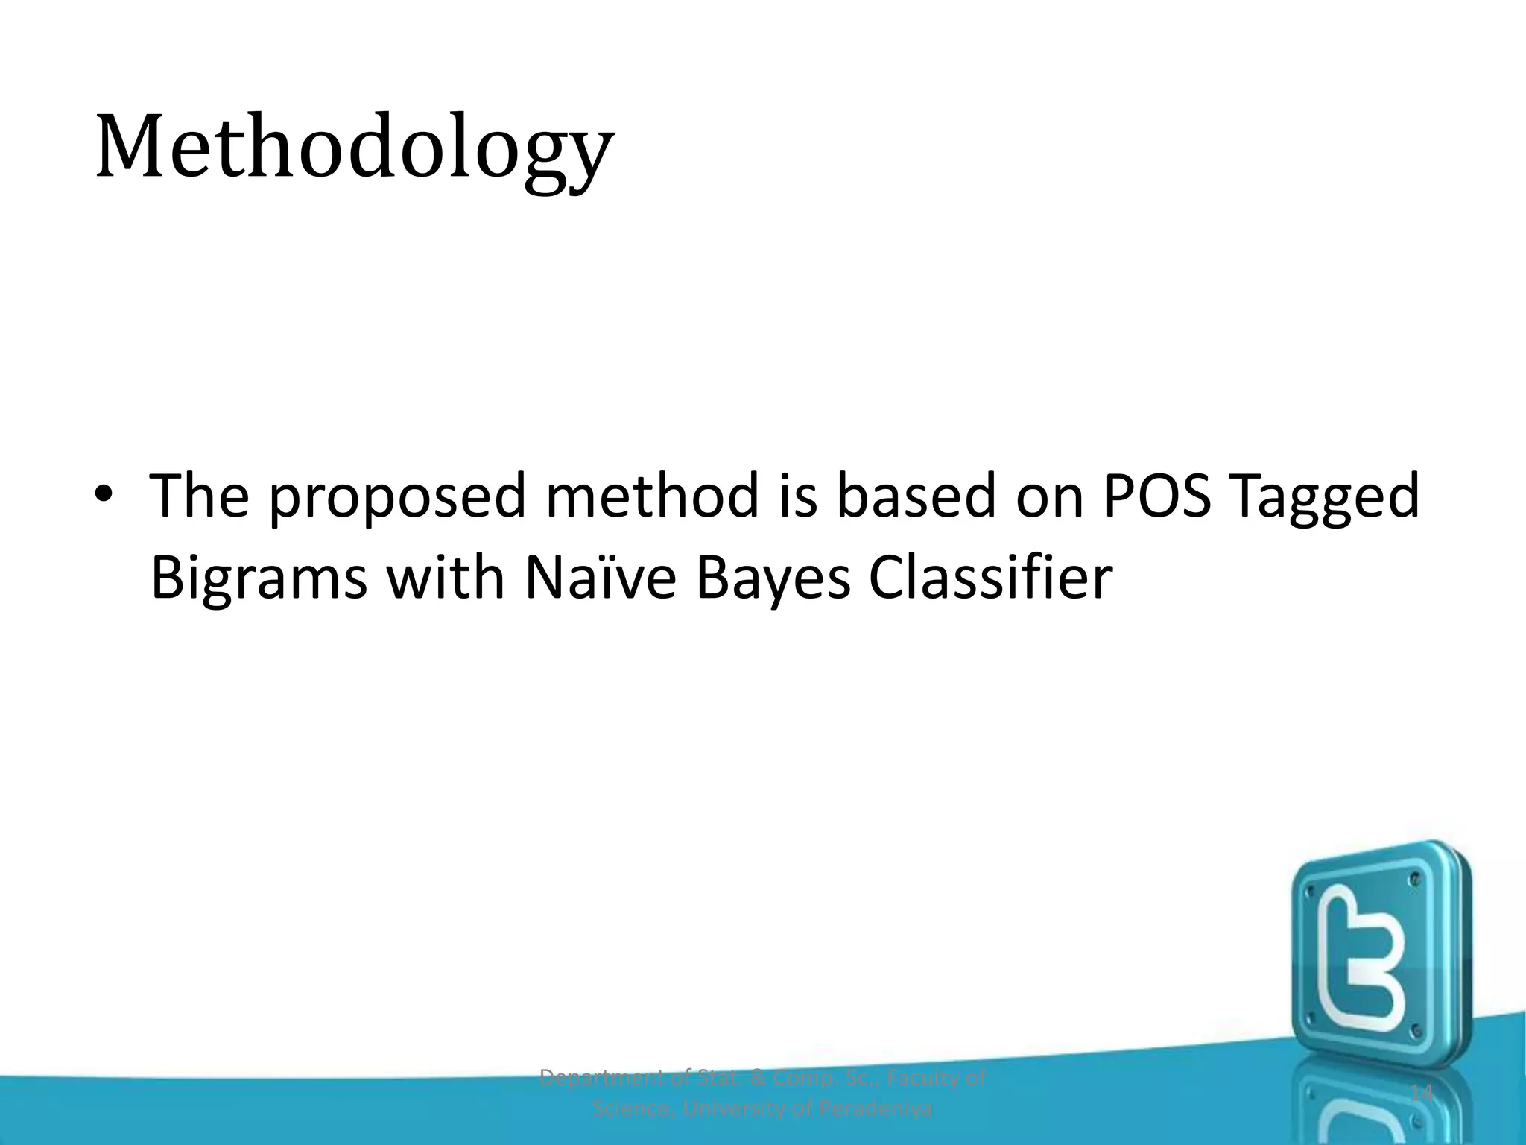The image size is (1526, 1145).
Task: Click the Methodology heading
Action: [x=355, y=147]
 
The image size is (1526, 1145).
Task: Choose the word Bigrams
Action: [x=258, y=578]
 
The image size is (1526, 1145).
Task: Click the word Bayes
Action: [x=773, y=578]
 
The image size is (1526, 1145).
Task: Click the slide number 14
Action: [x=1422, y=1094]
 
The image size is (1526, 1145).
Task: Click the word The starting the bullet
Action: [x=199, y=496]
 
